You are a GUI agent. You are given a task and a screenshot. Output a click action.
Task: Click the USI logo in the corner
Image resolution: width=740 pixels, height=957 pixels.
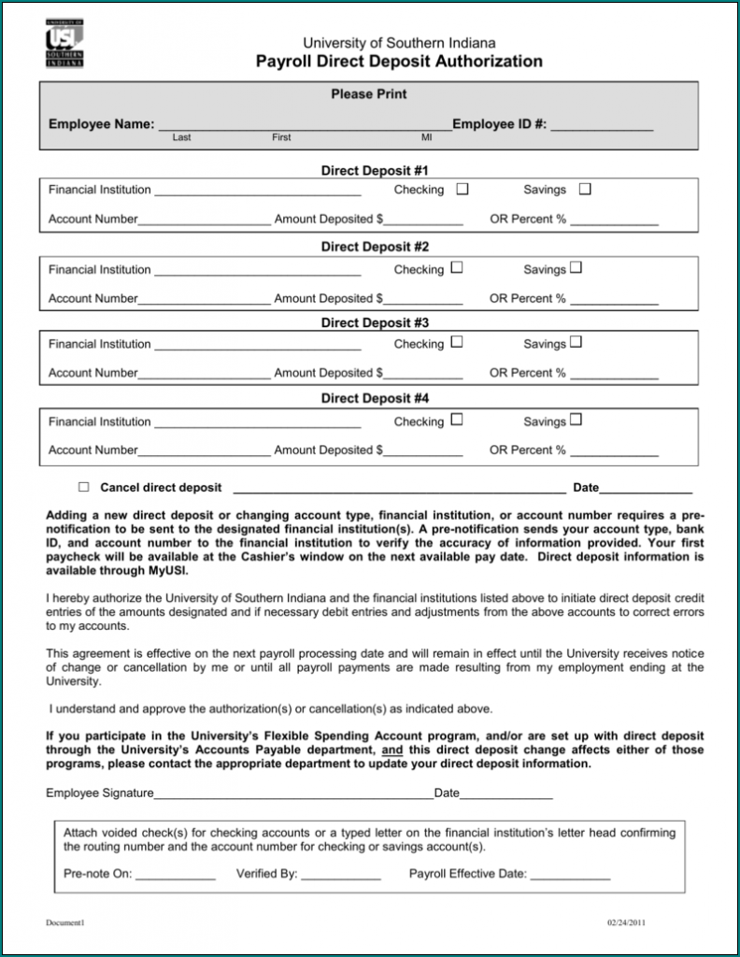pos(64,43)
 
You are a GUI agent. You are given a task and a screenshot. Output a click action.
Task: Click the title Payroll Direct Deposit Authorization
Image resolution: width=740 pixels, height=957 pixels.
pos(399,62)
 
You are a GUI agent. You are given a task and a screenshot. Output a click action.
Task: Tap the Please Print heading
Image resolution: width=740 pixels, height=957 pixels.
pos(368,94)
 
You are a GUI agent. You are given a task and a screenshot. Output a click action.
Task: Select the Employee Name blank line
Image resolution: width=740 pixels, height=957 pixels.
pos(305,124)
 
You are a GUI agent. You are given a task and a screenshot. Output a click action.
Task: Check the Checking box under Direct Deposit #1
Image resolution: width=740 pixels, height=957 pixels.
pos(462,190)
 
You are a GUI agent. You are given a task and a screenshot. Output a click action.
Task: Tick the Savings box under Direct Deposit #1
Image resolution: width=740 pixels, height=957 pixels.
pos(585,190)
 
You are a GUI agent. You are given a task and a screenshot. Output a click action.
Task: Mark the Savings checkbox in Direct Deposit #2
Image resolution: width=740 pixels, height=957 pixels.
pos(576,268)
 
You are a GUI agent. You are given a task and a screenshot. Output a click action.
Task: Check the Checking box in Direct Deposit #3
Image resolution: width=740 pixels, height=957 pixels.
pos(457,343)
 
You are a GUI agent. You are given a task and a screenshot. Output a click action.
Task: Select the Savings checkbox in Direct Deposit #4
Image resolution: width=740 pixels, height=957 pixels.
pos(576,421)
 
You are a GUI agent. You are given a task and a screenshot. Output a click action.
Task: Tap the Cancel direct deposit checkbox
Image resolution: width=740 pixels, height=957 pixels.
pos(84,487)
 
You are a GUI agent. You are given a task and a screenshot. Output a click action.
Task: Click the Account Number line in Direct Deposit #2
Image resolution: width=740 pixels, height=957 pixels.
pos(205,299)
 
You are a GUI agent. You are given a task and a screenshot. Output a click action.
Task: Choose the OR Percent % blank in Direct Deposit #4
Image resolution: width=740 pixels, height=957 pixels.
pos(614,450)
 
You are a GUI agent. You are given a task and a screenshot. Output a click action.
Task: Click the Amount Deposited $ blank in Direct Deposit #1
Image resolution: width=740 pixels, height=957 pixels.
pos(422,221)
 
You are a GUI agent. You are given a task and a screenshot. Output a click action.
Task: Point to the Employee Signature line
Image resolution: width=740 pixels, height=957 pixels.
pos(293,794)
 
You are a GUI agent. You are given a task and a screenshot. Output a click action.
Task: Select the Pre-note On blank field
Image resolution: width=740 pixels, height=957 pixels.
pos(176,876)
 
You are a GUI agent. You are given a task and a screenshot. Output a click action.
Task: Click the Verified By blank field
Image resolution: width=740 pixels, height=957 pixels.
pos(340,876)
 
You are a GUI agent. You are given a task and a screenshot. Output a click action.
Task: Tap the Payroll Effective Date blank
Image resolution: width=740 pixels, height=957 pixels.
pos(570,876)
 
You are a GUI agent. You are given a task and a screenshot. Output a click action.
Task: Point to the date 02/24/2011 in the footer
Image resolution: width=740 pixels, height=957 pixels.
pos(626,923)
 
